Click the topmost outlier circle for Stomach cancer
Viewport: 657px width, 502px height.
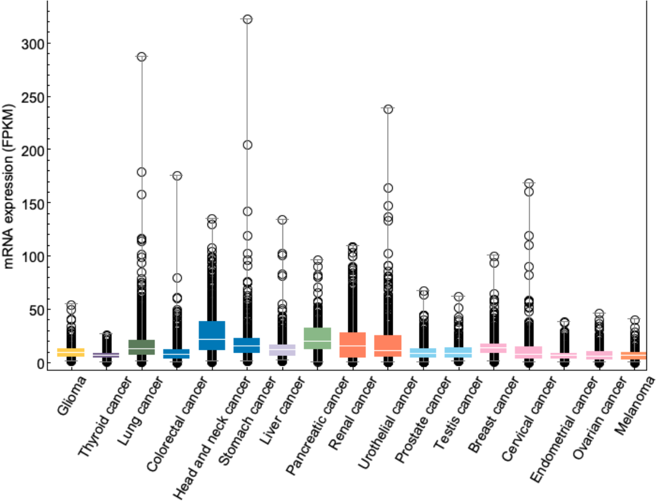tap(247, 19)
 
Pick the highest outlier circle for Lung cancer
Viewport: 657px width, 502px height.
tap(142, 57)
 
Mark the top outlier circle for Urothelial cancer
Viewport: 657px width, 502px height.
tap(388, 109)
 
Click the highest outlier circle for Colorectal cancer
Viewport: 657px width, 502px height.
tap(177, 176)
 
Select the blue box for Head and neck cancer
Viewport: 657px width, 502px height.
tap(212, 335)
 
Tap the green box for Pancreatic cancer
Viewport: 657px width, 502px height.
tap(318, 338)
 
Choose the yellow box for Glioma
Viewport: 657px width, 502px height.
tap(71, 353)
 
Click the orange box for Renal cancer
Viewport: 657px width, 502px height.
tap(353, 345)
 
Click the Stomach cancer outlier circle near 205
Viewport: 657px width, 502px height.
tap(247, 145)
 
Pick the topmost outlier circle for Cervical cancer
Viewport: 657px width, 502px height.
tap(529, 183)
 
